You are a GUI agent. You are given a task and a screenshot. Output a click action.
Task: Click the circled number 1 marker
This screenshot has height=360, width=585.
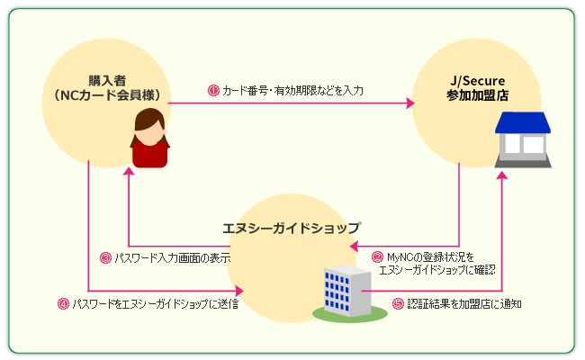click(213, 90)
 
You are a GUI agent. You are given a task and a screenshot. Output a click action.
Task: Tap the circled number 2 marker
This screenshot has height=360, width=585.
click(378, 257)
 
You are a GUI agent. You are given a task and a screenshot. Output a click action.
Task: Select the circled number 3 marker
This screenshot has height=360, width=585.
click(105, 257)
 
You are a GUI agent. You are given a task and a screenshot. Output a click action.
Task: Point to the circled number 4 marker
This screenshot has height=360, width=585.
click(63, 303)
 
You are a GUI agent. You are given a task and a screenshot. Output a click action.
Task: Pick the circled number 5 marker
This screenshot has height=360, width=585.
click(398, 303)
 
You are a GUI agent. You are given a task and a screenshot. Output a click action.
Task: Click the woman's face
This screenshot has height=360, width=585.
click(149, 133)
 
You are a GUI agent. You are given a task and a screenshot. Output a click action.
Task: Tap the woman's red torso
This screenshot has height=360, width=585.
click(149, 155)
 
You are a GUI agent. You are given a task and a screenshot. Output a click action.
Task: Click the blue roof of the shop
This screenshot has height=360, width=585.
click(523, 122)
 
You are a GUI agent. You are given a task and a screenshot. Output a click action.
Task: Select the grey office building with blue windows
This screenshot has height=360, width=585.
click(347, 290)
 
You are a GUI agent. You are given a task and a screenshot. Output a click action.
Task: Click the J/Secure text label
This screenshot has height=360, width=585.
click(478, 81)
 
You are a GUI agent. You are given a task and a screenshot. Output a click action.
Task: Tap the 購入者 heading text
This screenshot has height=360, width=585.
click(107, 81)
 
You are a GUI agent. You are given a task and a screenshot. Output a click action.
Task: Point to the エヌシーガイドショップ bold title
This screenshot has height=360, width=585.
click(291, 228)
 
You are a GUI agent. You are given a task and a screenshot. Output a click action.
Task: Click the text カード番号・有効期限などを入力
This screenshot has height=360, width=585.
click(292, 91)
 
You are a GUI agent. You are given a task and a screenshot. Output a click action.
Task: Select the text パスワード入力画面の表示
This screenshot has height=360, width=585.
click(173, 257)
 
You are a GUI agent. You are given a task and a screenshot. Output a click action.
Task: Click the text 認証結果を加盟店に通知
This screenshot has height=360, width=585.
click(464, 303)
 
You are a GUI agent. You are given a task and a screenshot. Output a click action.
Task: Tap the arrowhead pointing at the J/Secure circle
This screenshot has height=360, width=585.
click(410, 103)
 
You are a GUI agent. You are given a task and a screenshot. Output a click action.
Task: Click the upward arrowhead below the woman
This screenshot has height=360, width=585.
click(129, 171)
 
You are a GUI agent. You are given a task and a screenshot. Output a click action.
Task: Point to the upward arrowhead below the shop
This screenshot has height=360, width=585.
click(502, 175)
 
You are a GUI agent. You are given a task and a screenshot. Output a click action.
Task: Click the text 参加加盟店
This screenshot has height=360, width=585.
click(478, 95)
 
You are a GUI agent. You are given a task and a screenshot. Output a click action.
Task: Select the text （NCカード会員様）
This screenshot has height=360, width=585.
click(107, 95)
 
